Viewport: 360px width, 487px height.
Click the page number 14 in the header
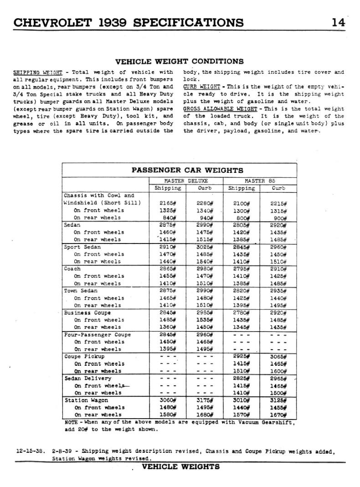point(338,22)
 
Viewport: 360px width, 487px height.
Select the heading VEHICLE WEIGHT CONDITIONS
point(180,62)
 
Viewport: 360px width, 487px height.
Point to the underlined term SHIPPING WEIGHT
point(38,72)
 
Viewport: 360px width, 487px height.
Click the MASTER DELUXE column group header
point(186,181)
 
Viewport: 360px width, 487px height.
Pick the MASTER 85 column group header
point(260,181)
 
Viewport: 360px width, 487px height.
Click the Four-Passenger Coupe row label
point(97,334)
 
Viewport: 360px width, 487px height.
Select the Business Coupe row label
point(87,312)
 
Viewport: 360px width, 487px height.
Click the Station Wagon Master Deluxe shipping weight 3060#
point(168,400)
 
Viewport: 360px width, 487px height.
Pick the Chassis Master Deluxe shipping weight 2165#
point(168,203)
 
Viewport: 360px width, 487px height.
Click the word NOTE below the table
point(72,422)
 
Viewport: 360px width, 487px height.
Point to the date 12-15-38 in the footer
point(30,452)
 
